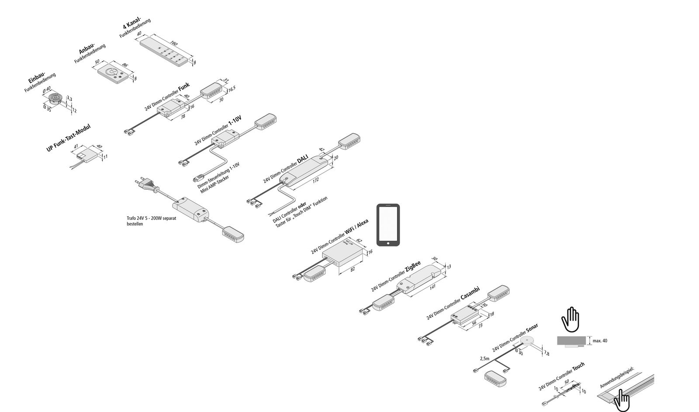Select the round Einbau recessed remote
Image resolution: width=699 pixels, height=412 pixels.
click(x=56, y=97)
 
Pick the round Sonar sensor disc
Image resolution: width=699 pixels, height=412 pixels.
click(x=528, y=341)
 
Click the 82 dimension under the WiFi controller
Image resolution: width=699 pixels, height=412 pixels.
click(x=353, y=270)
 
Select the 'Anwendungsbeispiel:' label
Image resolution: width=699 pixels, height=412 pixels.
click(x=616, y=377)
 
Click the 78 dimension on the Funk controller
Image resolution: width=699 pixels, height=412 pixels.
click(x=183, y=117)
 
